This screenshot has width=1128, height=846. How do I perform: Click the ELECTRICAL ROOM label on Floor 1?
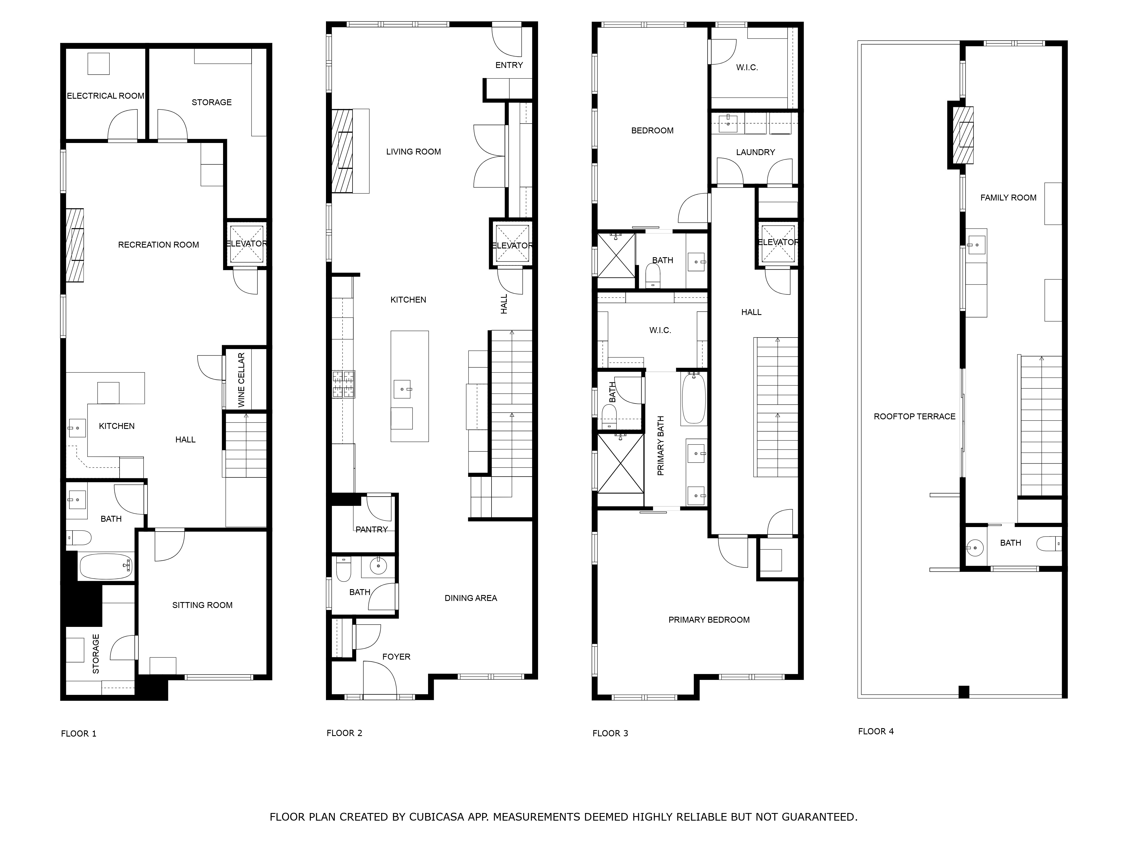(105, 96)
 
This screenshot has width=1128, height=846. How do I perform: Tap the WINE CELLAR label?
(241, 380)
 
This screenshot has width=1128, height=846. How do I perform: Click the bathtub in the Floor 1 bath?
(105, 566)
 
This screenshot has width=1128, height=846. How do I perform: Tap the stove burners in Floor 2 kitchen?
(343, 384)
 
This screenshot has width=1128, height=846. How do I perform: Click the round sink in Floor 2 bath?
(378, 566)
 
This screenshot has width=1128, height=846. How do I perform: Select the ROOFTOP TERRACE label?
(914, 417)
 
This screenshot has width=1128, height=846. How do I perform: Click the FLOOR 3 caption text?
(610, 733)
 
